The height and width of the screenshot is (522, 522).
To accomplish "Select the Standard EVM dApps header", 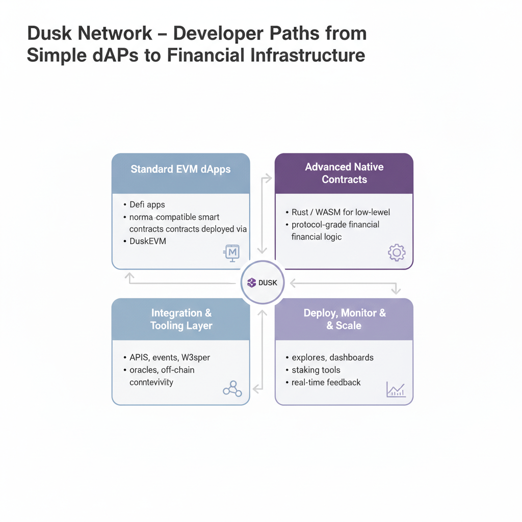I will click(x=180, y=169).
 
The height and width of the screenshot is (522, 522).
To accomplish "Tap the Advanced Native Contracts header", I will click(x=344, y=173).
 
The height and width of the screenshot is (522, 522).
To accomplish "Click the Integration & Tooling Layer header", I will click(x=181, y=320).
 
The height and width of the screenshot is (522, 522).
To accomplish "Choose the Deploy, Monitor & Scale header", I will click(x=344, y=319).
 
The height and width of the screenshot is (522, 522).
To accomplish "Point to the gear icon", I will click(x=396, y=252).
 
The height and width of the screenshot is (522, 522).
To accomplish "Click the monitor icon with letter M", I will click(x=232, y=252).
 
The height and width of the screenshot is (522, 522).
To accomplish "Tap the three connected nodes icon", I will click(x=232, y=390).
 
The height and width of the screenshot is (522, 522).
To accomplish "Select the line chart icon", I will click(x=396, y=390).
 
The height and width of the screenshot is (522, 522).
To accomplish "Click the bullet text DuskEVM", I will click(x=147, y=241).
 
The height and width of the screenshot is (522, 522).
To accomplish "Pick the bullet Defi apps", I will click(x=147, y=204).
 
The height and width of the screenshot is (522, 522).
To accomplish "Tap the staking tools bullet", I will click(x=316, y=370).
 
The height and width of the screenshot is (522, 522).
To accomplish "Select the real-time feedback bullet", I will click(x=326, y=382).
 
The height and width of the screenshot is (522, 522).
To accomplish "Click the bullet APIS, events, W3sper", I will click(x=170, y=357).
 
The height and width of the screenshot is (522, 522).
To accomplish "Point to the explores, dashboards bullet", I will click(x=332, y=357).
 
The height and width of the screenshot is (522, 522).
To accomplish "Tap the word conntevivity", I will click(x=151, y=382).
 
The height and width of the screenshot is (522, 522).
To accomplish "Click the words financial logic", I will click(x=317, y=237).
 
